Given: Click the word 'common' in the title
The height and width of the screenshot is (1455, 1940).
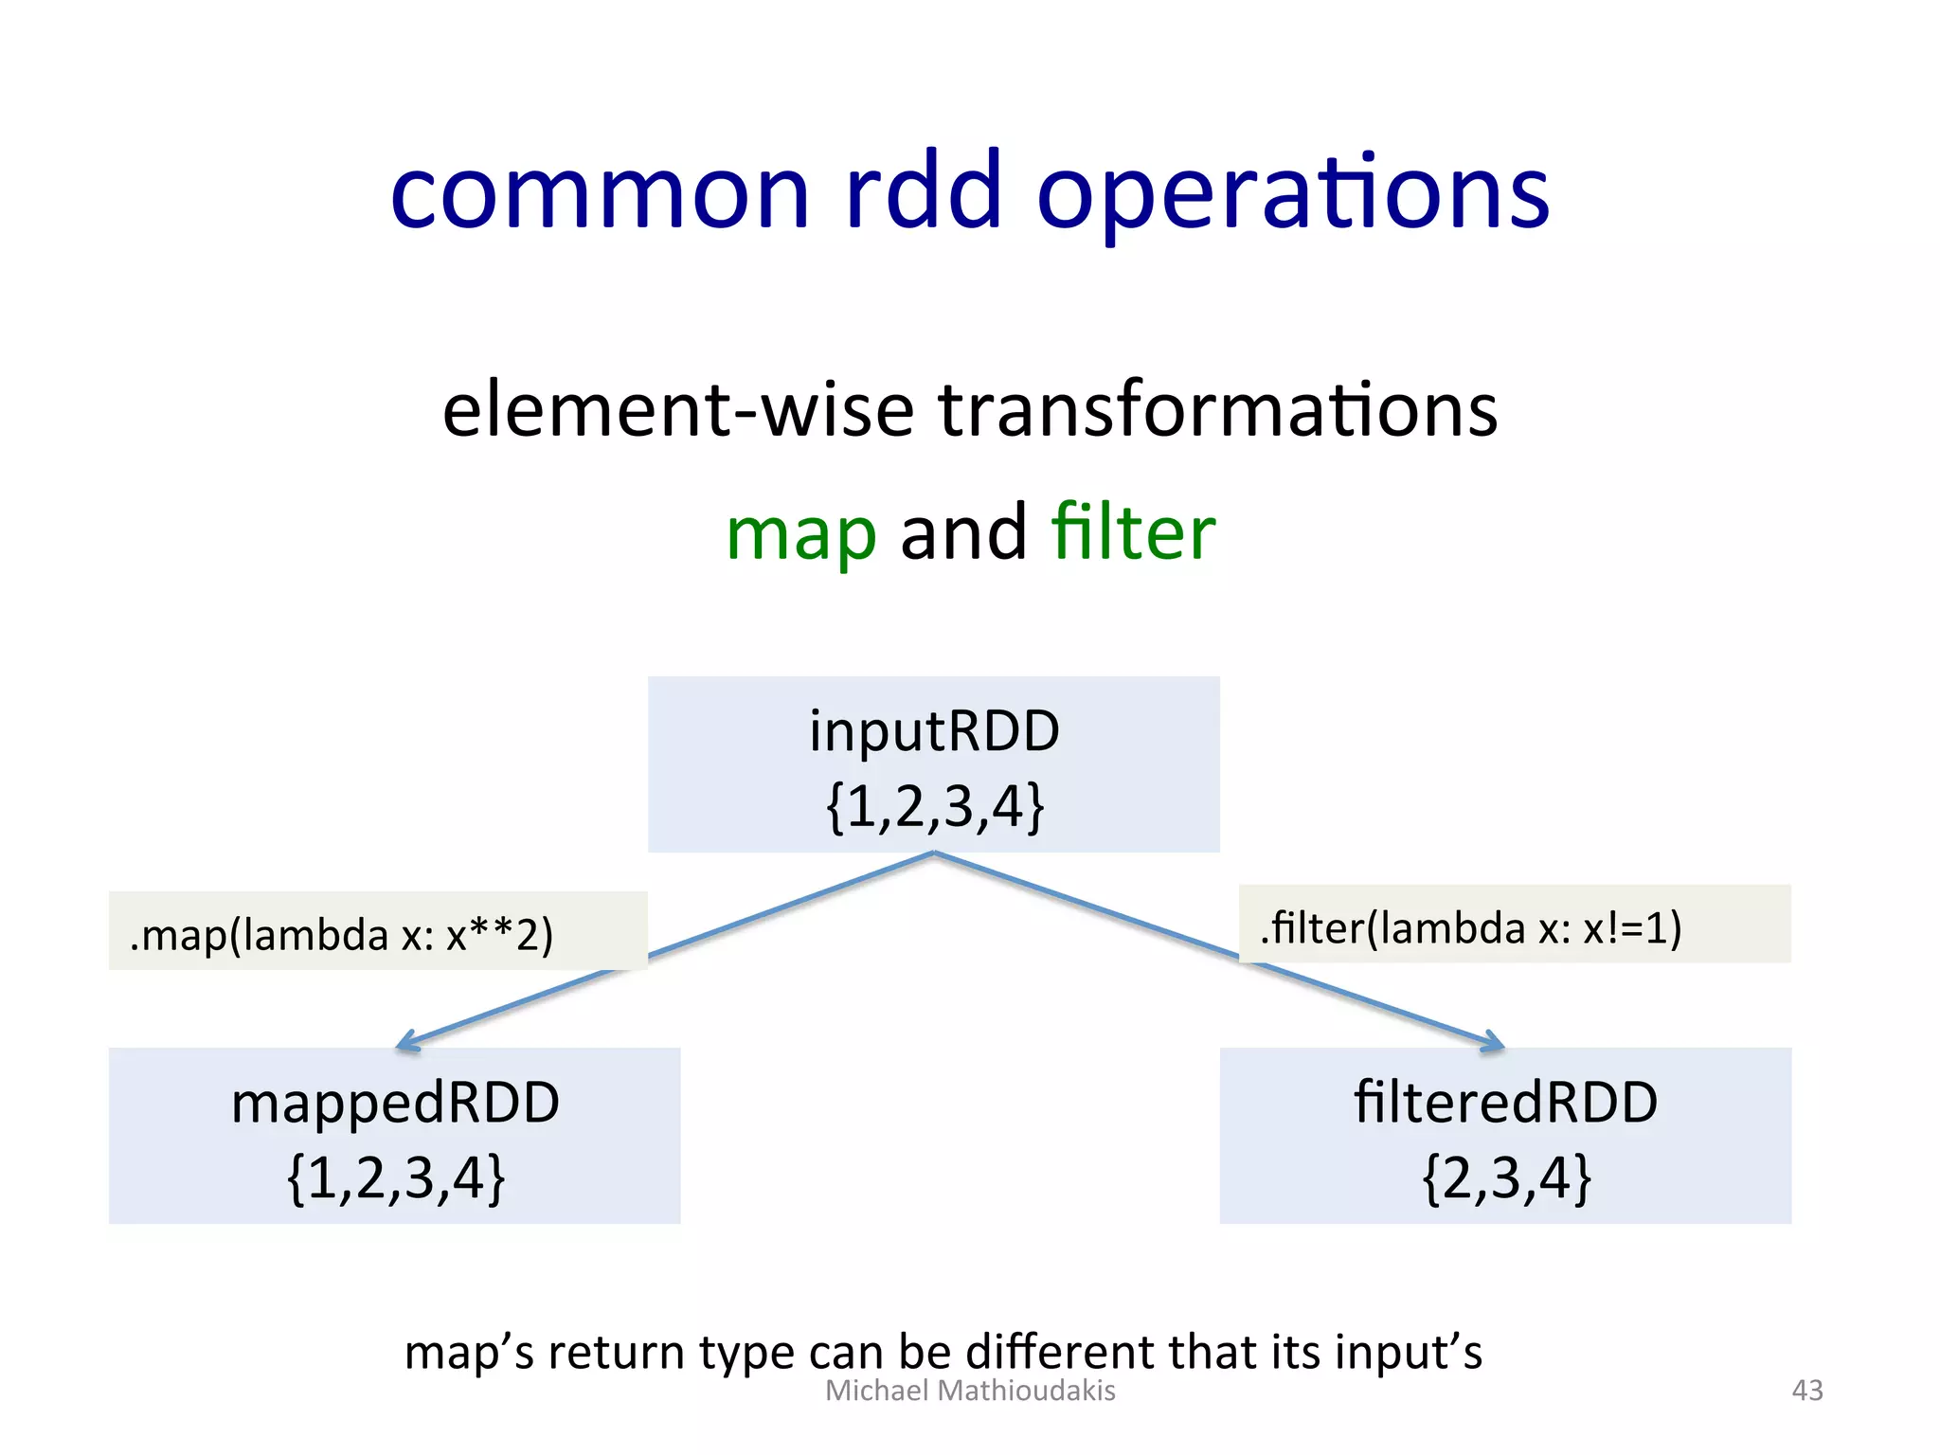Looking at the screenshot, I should (601, 193).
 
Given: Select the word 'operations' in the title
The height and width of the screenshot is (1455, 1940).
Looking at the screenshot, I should (1292, 193).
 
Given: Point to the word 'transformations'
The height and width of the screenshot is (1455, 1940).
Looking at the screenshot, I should (1217, 410).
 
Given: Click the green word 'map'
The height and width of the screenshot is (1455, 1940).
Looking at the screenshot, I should (801, 533).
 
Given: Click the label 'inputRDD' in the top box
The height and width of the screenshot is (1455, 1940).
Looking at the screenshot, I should (934, 731).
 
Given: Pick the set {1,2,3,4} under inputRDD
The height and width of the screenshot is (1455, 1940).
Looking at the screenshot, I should (934, 807).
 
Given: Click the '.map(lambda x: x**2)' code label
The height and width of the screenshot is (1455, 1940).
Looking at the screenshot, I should (341, 935).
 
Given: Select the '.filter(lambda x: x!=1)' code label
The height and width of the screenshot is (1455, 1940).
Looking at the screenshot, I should (1470, 927).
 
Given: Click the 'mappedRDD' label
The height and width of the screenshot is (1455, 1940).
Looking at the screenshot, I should (395, 1104).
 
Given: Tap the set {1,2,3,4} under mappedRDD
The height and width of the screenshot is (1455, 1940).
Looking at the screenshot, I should (395, 1178).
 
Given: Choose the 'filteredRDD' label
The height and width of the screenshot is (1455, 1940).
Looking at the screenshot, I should (1505, 1103).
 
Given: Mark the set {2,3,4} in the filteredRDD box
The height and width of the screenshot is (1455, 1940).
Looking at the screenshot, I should (1505, 1178).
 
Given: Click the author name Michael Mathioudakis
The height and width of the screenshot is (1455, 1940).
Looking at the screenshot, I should (970, 1390).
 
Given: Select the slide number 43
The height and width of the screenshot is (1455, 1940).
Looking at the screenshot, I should (1806, 1390).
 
